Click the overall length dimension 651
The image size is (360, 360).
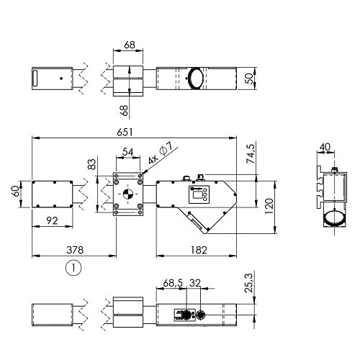pos(125,132)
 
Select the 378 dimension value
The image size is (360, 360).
pos(75,250)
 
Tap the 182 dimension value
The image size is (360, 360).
pos(199,250)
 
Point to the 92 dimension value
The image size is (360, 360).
pos(52,220)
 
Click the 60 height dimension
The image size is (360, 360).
pos(16,191)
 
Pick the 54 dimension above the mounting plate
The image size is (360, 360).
pos(127,152)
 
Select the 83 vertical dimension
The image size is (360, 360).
pos(91,164)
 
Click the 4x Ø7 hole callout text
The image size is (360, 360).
pos(160,153)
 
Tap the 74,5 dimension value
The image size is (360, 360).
pos(251,154)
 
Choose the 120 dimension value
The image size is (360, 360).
pos(269,206)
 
